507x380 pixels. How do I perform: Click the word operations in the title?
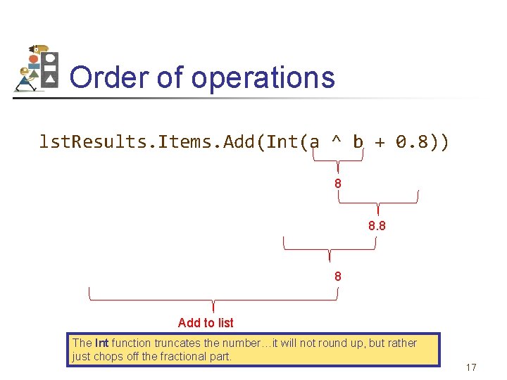pos(263,77)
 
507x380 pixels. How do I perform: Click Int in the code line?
pos(282,143)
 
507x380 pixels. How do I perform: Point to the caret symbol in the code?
pos(337,143)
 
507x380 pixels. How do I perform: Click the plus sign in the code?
pos(380,143)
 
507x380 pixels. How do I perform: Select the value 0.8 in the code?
pos(412,143)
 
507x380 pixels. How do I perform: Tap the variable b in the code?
pos(358,143)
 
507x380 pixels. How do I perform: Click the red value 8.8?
pos(377,227)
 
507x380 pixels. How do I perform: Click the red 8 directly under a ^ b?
pos(338,184)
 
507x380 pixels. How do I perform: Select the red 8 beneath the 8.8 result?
pos(338,277)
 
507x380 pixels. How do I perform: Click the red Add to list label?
pos(206,322)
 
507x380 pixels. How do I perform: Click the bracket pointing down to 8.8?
pos(378,201)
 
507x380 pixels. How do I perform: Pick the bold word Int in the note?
pos(102,343)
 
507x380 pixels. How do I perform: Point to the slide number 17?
pos(471,367)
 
